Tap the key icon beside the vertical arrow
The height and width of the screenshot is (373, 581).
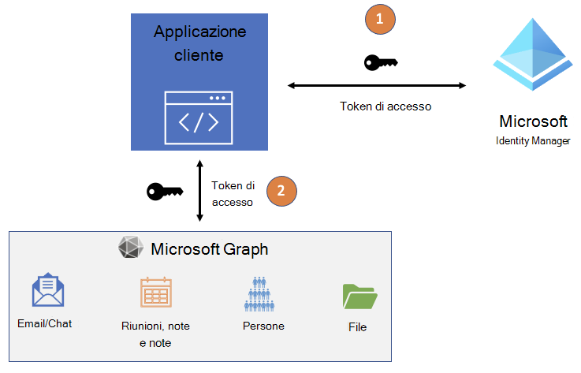point(165,191)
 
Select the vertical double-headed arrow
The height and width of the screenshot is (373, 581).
point(199,191)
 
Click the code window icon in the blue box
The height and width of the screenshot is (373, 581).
point(199,115)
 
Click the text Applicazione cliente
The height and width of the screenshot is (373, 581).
point(199,44)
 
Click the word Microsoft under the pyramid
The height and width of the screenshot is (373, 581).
point(533,121)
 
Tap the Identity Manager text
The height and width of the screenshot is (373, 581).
point(533,140)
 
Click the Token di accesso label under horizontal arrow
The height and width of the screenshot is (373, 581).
point(385,106)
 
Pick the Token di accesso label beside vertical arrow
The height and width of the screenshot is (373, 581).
point(233,194)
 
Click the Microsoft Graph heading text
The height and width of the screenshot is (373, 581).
point(209,249)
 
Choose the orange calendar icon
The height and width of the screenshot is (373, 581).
point(155,292)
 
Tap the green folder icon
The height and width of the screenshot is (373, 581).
point(359,296)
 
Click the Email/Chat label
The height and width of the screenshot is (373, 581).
point(44,323)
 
